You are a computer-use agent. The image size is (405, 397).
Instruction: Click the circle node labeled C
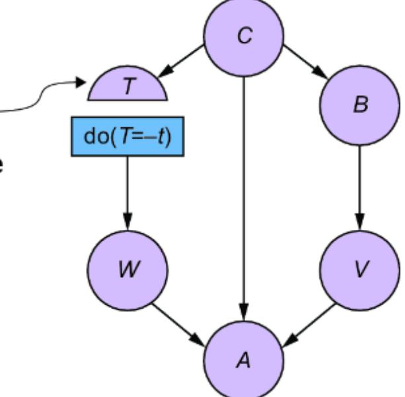pyautogui.click(x=244, y=36)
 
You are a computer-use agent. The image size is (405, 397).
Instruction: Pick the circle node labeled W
pyautogui.click(x=129, y=270)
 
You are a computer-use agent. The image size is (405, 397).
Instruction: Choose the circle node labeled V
pyautogui.click(x=359, y=270)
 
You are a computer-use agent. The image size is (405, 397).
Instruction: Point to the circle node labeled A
pyautogui.click(x=244, y=361)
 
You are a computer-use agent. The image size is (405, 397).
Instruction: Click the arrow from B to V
pyautogui.click(x=359, y=188)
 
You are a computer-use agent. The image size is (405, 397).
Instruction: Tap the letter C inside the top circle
pyautogui.click(x=245, y=37)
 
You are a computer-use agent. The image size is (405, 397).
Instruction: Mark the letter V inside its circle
pyautogui.click(x=359, y=271)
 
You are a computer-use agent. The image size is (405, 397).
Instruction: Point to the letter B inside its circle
pyautogui.click(x=359, y=106)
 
